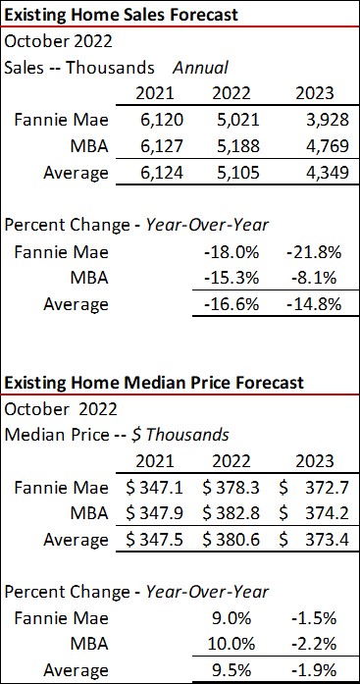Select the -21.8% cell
(x=315, y=252)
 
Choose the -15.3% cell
(x=236, y=278)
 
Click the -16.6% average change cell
(x=236, y=304)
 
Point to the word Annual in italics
(x=201, y=68)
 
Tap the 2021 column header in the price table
(x=153, y=460)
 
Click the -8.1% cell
(x=317, y=278)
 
